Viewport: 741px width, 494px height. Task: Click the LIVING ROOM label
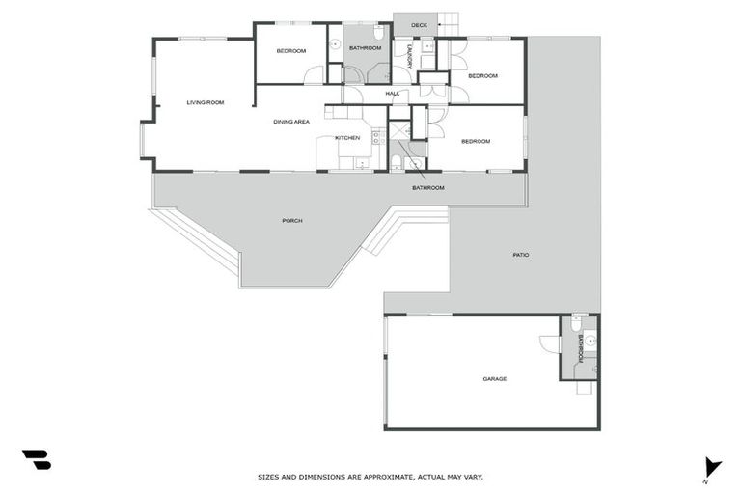click(206, 102)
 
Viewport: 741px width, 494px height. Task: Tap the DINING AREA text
click(290, 122)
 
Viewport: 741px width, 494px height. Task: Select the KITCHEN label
click(347, 138)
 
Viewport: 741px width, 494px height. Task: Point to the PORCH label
click(292, 221)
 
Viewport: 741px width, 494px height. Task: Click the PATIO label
click(520, 255)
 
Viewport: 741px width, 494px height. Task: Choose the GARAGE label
click(494, 379)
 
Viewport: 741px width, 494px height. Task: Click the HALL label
click(393, 94)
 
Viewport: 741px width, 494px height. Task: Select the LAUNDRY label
click(410, 56)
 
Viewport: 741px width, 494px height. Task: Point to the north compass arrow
click(712, 467)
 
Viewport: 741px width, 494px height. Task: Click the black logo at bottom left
click(36, 460)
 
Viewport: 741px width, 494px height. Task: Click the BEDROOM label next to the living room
click(290, 51)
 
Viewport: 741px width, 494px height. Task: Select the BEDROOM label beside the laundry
click(482, 75)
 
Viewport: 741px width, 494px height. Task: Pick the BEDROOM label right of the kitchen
click(476, 142)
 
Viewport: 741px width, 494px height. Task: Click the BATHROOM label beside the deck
click(365, 48)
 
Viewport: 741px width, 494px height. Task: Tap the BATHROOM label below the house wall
click(428, 188)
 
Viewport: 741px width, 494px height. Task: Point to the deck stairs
click(449, 20)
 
